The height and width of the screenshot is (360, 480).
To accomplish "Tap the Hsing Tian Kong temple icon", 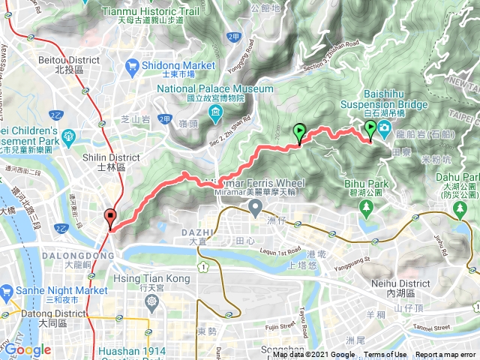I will (152, 301).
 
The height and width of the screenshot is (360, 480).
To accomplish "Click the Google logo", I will (28, 350).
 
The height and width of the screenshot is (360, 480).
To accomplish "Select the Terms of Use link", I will (385, 355).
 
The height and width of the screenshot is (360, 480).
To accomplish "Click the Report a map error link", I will (445, 355).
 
